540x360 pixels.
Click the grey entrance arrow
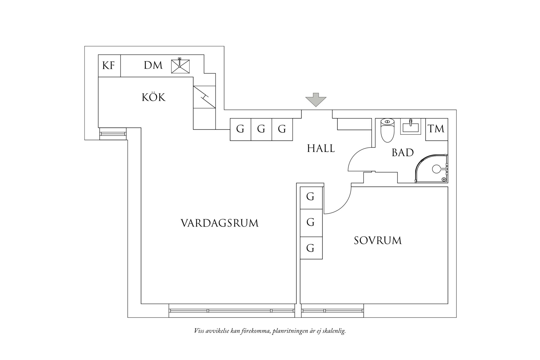(316, 100)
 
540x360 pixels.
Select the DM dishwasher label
(153, 65)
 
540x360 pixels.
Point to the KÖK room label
(154, 97)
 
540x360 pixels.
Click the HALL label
(321, 149)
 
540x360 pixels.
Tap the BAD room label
(403, 153)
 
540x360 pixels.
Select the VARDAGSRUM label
(219, 223)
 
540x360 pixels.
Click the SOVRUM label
(378, 241)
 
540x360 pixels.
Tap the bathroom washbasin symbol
(410, 126)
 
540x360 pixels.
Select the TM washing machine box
(436, 129)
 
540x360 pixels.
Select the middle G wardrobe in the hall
(261, 130)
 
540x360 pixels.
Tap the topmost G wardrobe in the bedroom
(311, 197)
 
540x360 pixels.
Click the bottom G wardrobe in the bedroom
(311, 248)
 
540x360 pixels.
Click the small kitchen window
(113, 133)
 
